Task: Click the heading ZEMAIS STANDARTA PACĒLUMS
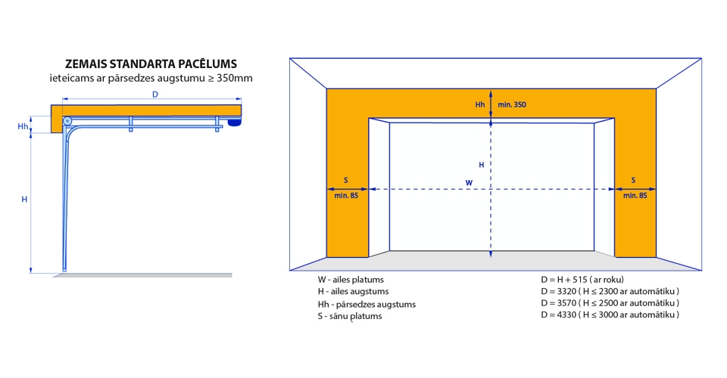[x=151, y=64]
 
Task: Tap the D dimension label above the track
[x=154, y=94]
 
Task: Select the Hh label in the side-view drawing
[x=23, y=126]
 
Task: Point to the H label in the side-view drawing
[x=24, y=200]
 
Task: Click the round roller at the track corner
[x=67, y=121]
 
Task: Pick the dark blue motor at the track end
[x=235, y=122]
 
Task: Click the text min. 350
[x=512, y=104]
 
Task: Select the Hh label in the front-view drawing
[x=480, y=104]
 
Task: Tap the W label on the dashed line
[x=469, y=183]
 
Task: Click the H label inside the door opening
[x=482, y=165]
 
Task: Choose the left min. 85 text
[x=346, y=196]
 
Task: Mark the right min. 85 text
[x=635, y=196]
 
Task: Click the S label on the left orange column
[x=346, y=181]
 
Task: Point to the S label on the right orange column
[x=633, y=181]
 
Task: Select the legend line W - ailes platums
[x=351, y=280]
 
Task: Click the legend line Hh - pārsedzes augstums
[x=367, y=305]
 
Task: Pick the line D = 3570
[x=610, y=303]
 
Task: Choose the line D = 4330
[x=610, y=314]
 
